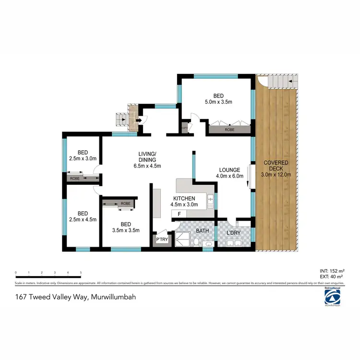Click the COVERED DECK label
coord(276,163)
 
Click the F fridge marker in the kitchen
coord(179,214)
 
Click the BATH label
coord(202,231)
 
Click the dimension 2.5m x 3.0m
coord(82,158)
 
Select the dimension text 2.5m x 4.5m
coord(83,220)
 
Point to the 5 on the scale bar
coord(81,273)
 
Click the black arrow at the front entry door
coord(138,120)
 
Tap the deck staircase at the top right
coord(278,83)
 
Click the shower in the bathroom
coord(182,238)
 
